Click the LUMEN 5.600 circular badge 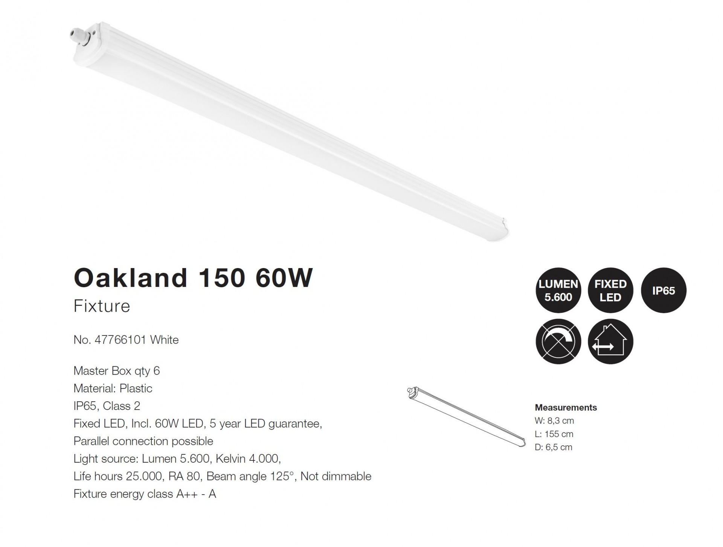[558, 290]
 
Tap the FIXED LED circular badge [610, 290]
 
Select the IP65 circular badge [664, 290]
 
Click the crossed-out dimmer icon [558, 341]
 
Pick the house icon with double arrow [610, 341]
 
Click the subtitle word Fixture [102, 306]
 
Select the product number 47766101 [120, 340]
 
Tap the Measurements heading [566, 407]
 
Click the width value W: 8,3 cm [554, 421]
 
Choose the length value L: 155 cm [554, 434]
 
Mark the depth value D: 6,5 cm [554, 447]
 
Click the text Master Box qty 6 [117, 371]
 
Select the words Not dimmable [336, 477]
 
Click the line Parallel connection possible [143, 441]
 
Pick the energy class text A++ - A [196, 494]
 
